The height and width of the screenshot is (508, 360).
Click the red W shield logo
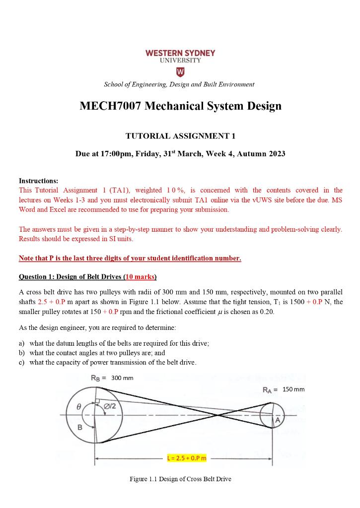tap(180, 72)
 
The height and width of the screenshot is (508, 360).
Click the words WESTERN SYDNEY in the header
tap(180, 53)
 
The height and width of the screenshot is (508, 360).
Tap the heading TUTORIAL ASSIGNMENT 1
tap(180, 135)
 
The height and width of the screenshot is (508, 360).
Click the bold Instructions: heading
tap(38, 181)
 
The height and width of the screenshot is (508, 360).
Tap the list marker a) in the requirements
tap(22, 343)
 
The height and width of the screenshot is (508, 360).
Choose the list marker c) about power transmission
tap(22, 362)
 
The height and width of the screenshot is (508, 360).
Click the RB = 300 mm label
tap(112, 378)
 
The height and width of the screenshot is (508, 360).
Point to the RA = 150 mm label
tap(284, 389)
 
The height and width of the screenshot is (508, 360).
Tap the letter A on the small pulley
tap(278, 420)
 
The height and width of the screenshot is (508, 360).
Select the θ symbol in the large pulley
tap(78, 406)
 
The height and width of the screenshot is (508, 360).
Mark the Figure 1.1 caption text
tap(180, 479)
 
